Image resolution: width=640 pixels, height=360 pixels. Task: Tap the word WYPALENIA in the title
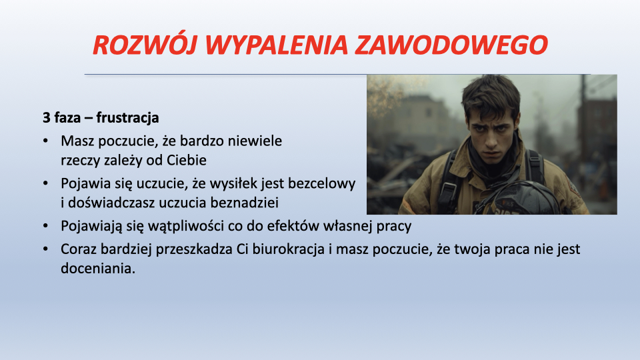[276, 45]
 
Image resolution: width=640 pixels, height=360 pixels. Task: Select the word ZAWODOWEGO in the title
[451, 45]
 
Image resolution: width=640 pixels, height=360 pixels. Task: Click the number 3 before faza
[47, 118]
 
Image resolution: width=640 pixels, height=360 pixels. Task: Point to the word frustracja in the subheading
[127, 118]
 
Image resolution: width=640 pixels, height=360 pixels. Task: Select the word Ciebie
[186, 160]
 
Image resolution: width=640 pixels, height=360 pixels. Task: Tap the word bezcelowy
[321, 184]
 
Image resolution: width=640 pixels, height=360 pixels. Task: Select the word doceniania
[98, 268]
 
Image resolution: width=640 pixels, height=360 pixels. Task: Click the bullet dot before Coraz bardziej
[45, 249]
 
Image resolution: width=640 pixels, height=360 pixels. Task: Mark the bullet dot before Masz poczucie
[45, 141]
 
